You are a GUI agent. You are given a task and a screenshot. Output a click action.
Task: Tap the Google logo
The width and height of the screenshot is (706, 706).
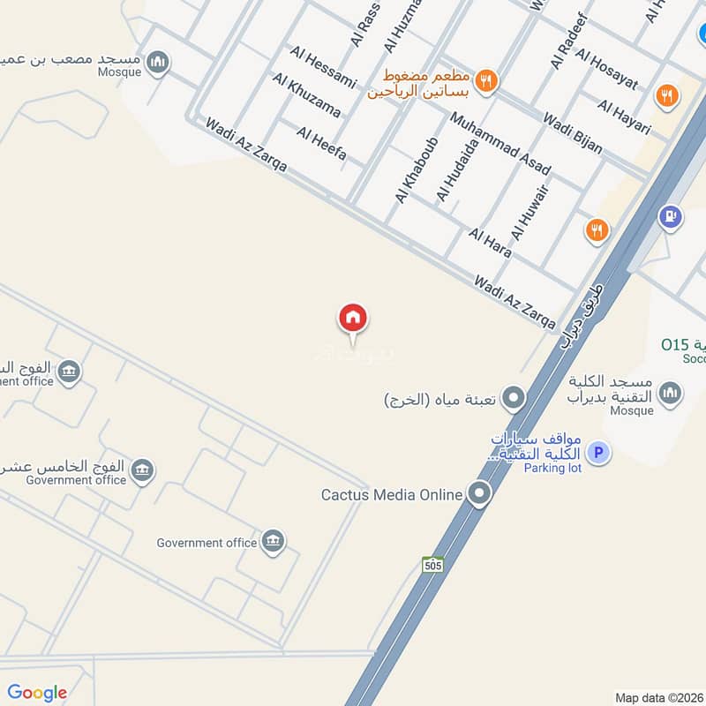pyautogui.click(x=37, y=693)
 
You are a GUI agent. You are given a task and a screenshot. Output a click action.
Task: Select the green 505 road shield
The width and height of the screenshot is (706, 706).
pyautogui.click(x=432, y=564)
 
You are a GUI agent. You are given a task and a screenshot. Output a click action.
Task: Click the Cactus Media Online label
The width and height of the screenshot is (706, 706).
pyautogui.click(x=392, y=494)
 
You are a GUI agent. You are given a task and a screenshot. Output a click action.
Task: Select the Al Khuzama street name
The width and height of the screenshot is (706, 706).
pyautogui.click(x=306, y=95)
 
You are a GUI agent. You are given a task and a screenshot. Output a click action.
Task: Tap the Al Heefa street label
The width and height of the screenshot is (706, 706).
pyautogui.click(x=321, y=145)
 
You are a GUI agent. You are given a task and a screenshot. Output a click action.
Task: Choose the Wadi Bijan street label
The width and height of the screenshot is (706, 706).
pyautogui.click(x=573, y=132)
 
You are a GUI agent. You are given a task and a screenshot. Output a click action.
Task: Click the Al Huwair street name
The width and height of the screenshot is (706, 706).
pyautogui.click(x=530, y=213)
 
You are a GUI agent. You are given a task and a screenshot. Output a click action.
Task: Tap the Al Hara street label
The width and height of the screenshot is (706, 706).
pyautogui.click(x=491, y=243)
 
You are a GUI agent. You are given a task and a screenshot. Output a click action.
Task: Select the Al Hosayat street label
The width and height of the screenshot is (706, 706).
pyautogui.click(x=606, y=68)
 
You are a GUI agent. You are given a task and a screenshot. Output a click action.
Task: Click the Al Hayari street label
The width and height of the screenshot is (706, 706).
pyautogui.click(x=624, y=117)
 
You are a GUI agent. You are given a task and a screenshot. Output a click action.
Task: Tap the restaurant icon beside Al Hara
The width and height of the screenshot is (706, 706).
pyautogui.click(x=597, y=231)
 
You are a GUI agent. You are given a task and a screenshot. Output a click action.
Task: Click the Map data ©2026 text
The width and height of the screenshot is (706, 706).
pyautogui.click(x=658, y=697)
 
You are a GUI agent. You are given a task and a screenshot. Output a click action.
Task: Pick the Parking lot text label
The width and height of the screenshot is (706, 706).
pyautogui.click(x=552, y=468)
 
